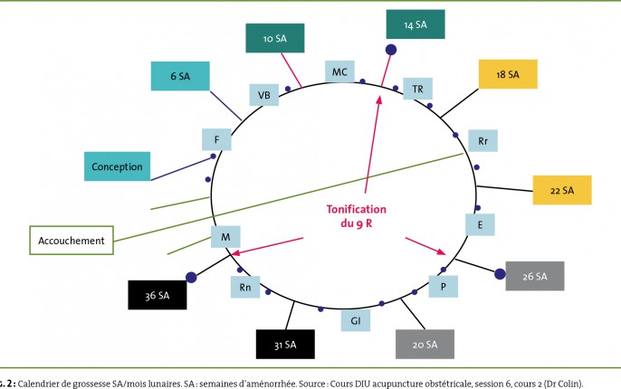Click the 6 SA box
[x=180, y=76]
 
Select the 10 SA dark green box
[x=275, y=38]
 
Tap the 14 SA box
[x=416, y=24]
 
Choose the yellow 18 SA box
[x=508, y=74]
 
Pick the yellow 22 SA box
[x=562, y=190]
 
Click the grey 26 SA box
[x=535, y=276]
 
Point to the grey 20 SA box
[x=425, y=345]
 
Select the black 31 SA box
[x=285, y=345]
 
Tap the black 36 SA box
[x=158, y=295]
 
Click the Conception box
[x=118, y=166]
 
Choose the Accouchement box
[x=72, y=241]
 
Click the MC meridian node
[x=339, y=71]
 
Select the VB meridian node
[x=264, y=95]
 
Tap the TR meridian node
[x=418, y=89]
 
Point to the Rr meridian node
[x=482, y=140]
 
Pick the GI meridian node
[x=356, y=320]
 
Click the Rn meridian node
[x=245, y=287]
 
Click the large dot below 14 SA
[x=391, y=50]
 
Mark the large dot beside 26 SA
[x=500, y=273]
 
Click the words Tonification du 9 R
[x=357, y=216]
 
